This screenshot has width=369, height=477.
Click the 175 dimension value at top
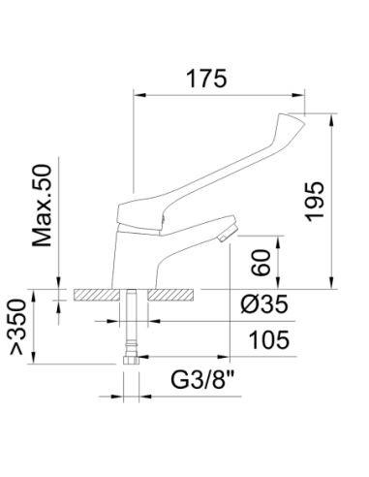click(206, 79)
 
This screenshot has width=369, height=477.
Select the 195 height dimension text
click(315, 203)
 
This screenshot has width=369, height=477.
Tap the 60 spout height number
click(261, 263)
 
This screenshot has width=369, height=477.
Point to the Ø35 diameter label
click(264, 303)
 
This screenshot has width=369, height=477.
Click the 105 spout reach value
click(269, 339)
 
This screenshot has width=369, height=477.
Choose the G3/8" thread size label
click(202, 380)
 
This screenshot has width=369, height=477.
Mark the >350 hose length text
click(17, 327)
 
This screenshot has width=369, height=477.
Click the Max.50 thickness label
click(42, 206)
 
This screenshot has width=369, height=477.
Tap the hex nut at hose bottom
click(131, 360)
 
